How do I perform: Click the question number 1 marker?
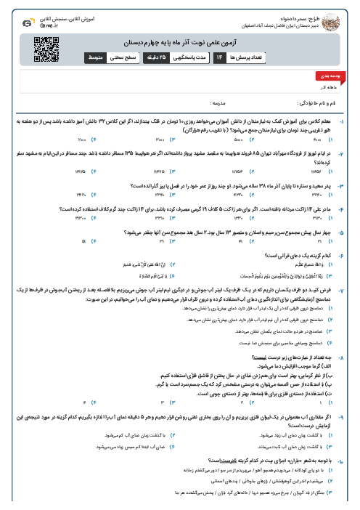coord(352,115)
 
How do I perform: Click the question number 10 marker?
coord(352,460)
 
